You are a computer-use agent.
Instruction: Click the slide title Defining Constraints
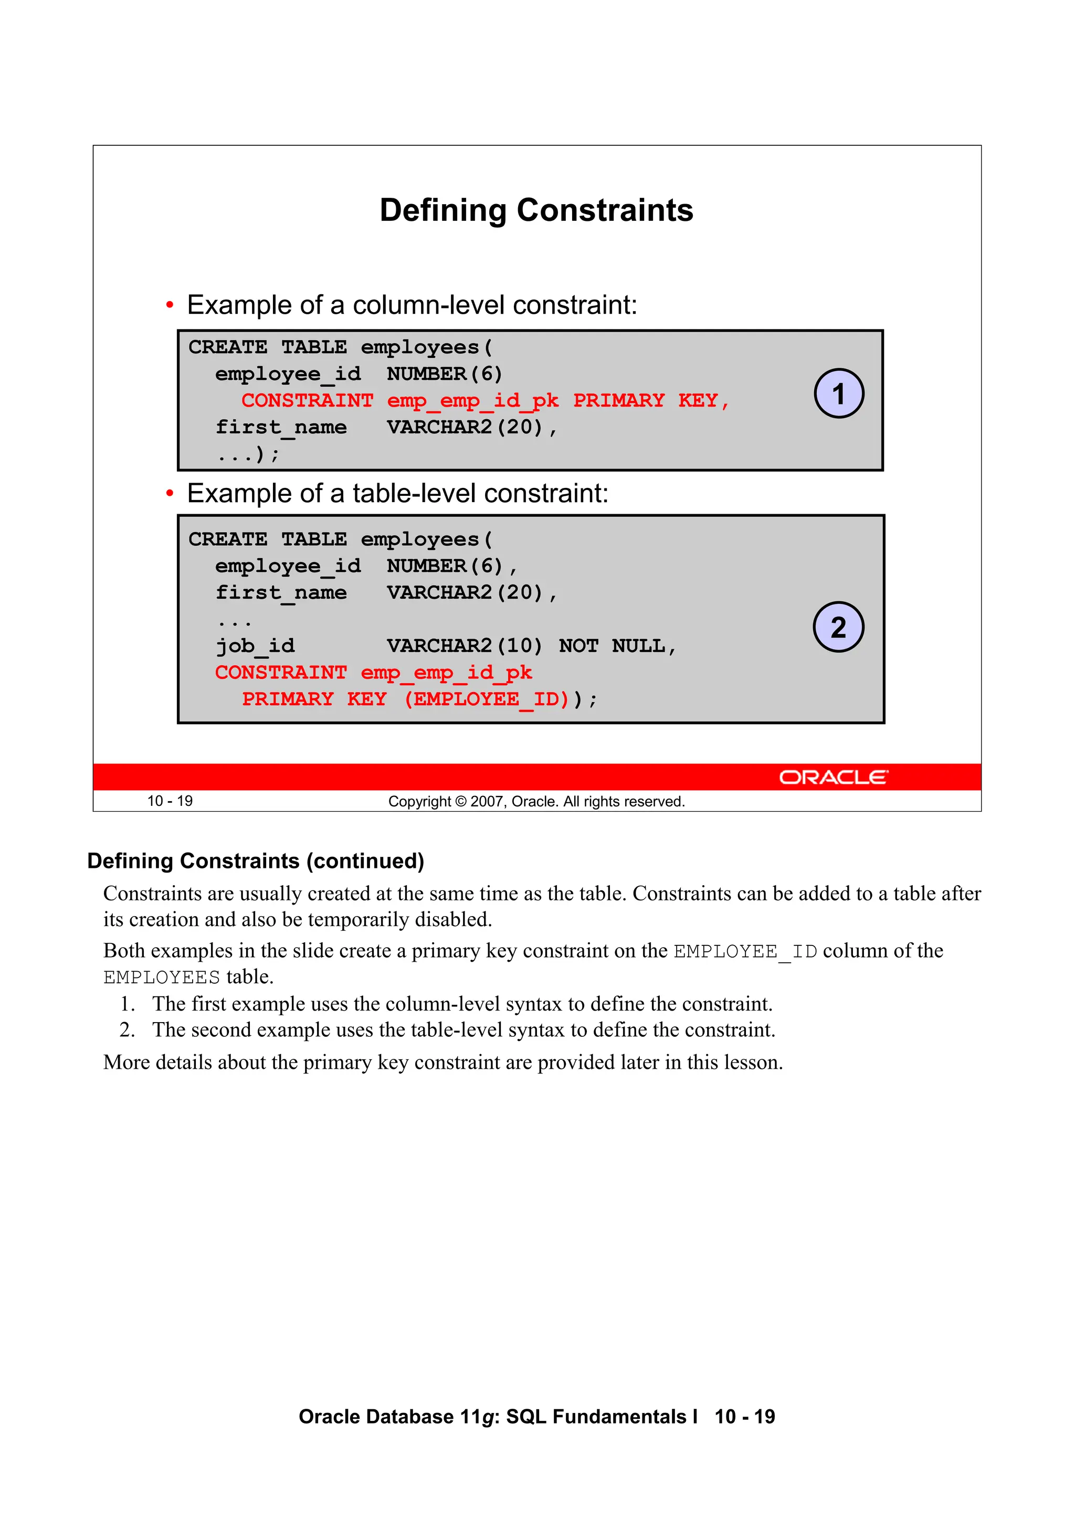click(536, 210)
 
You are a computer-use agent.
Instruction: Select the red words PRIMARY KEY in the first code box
click(645, 400)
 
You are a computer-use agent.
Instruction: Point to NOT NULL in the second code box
click(612, 645)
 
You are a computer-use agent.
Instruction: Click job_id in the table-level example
click(255, 645)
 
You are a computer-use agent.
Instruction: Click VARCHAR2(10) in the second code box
click(465, 645)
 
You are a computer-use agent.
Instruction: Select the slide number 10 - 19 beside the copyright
click(170, 801)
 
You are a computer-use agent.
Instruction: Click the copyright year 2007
click(487, 802)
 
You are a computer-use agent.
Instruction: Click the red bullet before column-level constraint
click(170, 305)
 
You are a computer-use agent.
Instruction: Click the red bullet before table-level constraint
click(170, 493)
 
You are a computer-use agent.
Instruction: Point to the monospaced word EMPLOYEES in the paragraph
click(162, 977)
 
